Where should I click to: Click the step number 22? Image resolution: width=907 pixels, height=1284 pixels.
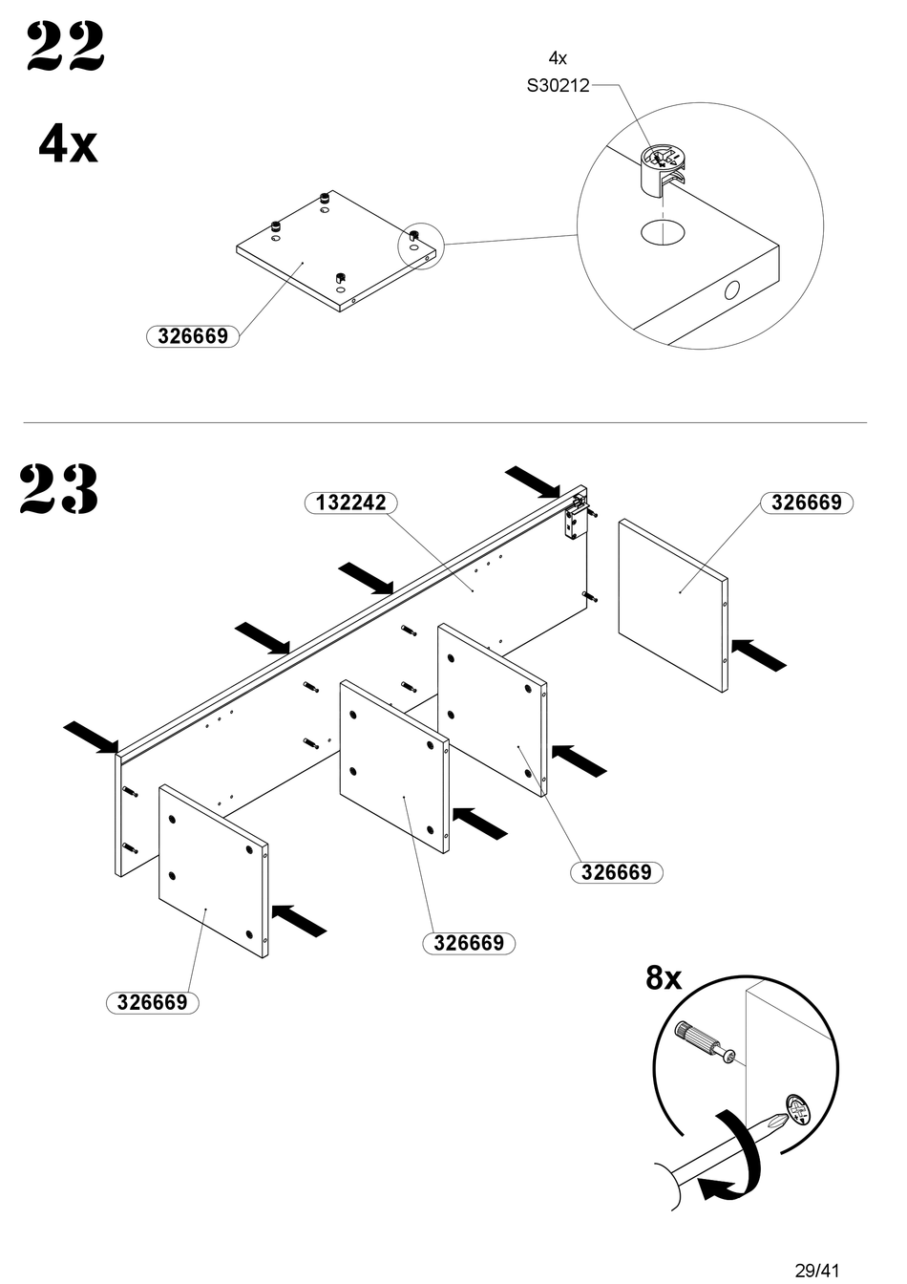pyautogui.click(x=65, y=47)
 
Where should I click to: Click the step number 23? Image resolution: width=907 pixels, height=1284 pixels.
pyautogui.click(x=59, y=489)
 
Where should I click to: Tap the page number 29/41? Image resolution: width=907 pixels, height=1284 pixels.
pyautogui.click(x=816, y=1270)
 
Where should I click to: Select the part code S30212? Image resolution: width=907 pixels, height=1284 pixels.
pyautogui.click(x=559, y=86)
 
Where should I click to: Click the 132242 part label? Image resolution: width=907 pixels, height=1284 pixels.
pyautogui.click(x=350, y=503)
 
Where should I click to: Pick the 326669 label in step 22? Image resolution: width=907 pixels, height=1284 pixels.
pyautogui.click(x=193, y=336)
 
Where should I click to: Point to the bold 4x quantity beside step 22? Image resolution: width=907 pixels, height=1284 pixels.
pyautogui.click(x=68, y=145)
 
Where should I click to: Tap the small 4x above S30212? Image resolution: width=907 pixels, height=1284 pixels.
pyautogui.click(x=558, y=58)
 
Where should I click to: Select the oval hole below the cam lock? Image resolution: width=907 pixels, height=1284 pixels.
pyautogui.click(x=663, y=233)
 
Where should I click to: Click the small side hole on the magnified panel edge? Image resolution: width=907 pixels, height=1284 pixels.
pyautogui.click(x=731, y=290)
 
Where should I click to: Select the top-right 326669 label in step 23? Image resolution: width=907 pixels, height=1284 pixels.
pyautogui.click(x=806, y=503)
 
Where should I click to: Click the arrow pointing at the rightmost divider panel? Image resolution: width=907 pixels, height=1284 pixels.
pyautogui.click(x=758, y=654)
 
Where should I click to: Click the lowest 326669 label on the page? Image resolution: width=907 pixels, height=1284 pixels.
pyautogui.click(x=153, y=1002)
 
